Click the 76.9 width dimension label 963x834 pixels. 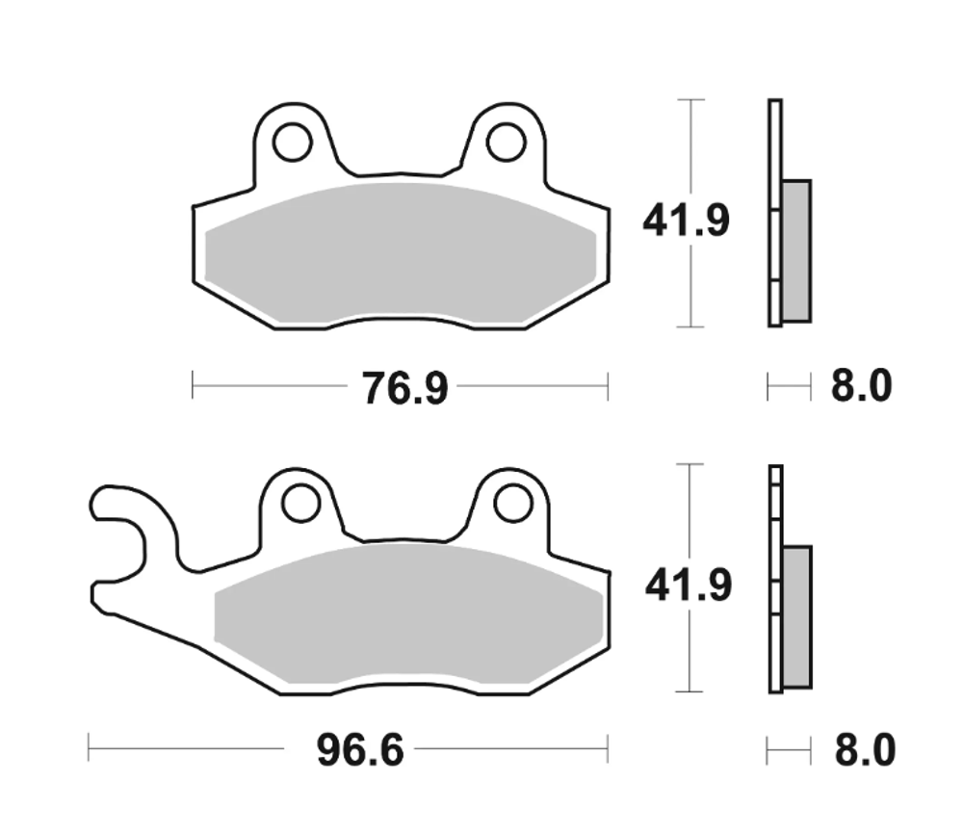click(x=404, y=388)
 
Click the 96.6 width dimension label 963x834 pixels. click(x=360, y=750)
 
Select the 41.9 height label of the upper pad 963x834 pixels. click(x=687, y=222)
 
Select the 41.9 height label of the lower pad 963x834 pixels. click(x=687, y=585)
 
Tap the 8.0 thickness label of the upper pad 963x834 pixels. click(x=862, y=387)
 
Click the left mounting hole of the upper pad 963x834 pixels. click(x=292, y=143)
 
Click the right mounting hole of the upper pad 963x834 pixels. click(x=506, y=143)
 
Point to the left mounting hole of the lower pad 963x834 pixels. click(x=300, y=504)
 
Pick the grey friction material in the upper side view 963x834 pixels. click(x=796, y=249)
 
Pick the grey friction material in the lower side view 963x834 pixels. click(x=797, y=616)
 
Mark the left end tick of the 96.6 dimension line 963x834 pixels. click(x=89, y=747)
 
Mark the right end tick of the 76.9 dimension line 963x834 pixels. click(x=608, y=387)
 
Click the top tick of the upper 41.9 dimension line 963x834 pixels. click(x=691, y=99)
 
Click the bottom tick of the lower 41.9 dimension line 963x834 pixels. click(x=691, y=691)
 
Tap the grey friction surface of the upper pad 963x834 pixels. click(x=400, y=255)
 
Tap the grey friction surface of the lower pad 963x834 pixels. click(x=409, y=616)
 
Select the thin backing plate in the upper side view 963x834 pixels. click(x=774, y=212)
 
